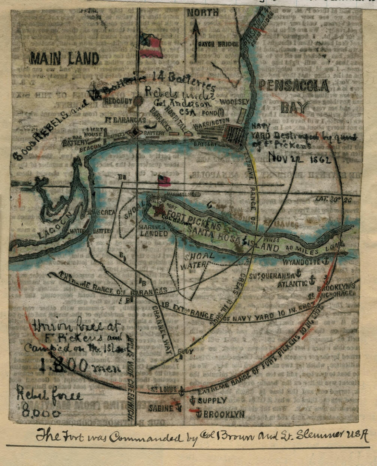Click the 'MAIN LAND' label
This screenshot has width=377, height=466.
[x=64, y=59]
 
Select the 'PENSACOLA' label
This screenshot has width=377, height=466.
[x=294, y=85]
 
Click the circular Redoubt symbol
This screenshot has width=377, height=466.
[x=138, y=101]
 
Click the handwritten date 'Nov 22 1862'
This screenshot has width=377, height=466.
[x=299, y=159]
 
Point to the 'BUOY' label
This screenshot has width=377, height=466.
[x=185, y=352]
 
